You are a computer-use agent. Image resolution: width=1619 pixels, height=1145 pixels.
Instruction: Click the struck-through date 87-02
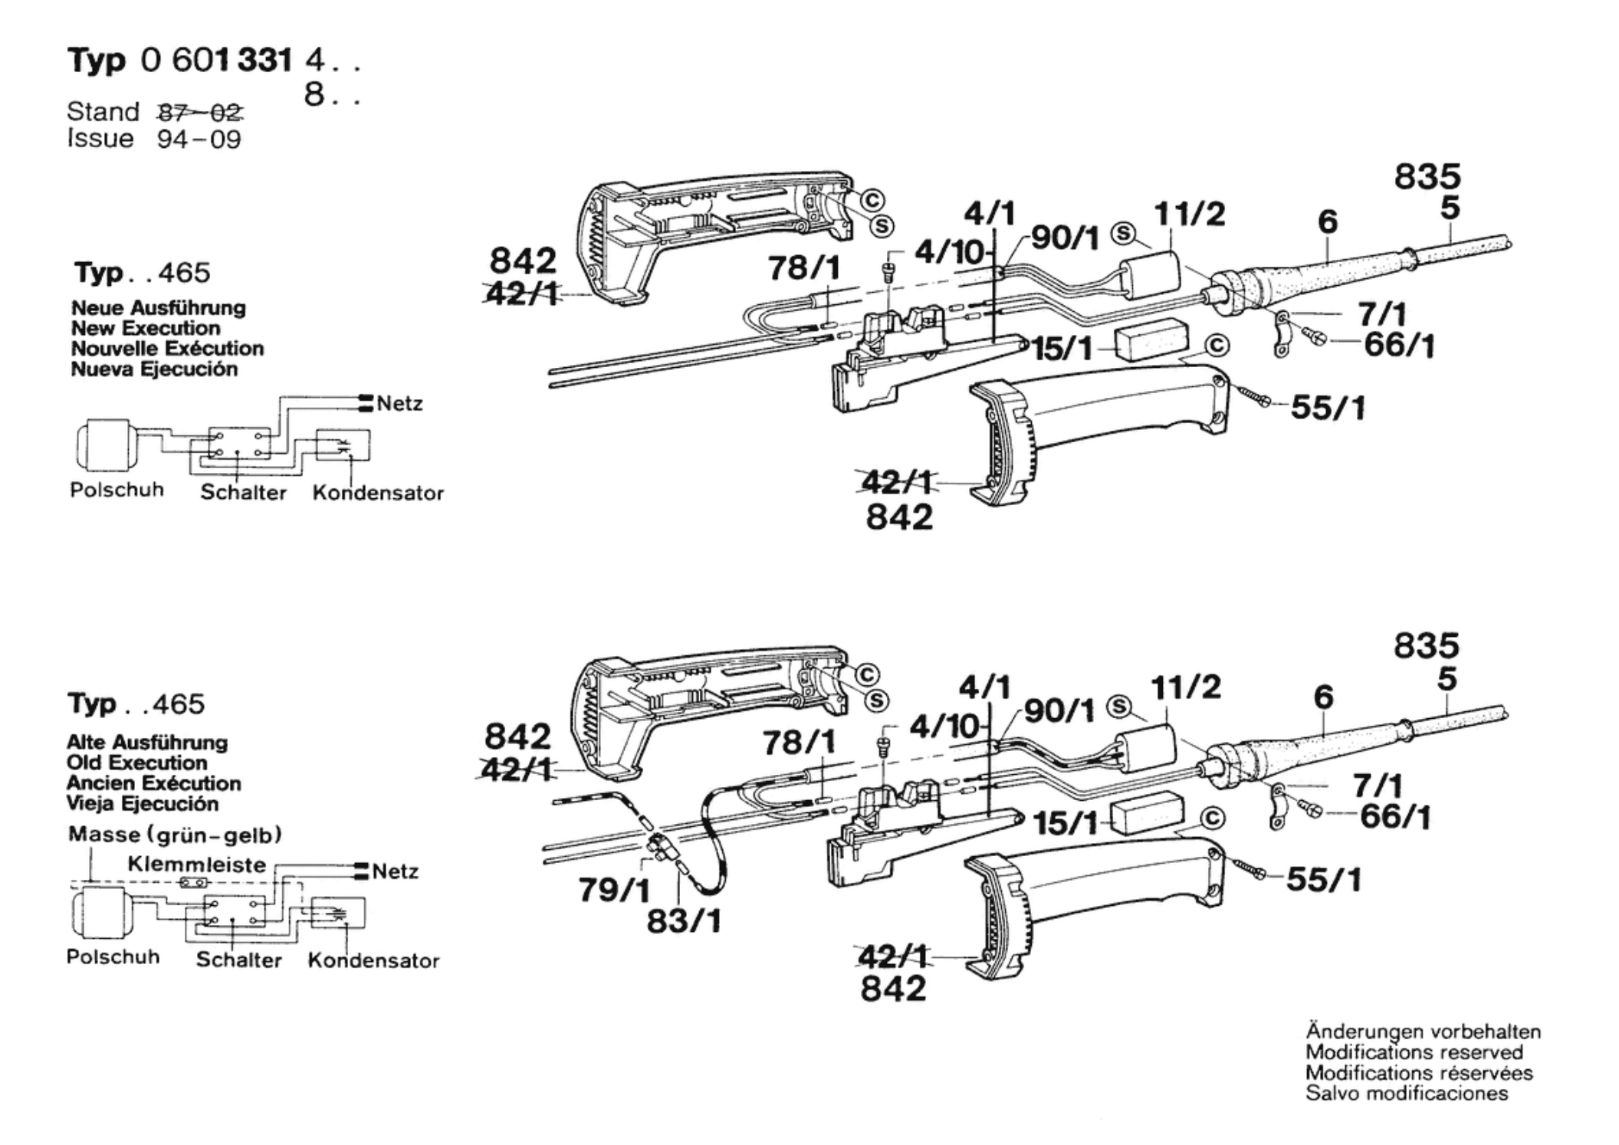pos(200,113)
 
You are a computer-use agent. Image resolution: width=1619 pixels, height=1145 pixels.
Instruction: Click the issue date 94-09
pos(199,139)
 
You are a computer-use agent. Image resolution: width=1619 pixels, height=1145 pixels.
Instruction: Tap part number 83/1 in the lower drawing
pos(684,921)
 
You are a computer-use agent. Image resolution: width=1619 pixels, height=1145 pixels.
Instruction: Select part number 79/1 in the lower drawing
pos(614,891)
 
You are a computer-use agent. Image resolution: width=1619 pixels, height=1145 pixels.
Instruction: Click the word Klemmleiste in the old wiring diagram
pos(197,864)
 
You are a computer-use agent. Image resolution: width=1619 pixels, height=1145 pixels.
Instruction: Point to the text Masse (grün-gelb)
pos(175,835)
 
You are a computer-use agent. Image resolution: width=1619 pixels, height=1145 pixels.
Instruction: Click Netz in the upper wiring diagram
pos(399,403)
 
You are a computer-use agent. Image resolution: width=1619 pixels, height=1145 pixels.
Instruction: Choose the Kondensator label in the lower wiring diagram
pos(373,960)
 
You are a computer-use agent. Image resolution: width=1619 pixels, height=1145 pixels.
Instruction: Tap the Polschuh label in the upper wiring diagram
pos(117,490)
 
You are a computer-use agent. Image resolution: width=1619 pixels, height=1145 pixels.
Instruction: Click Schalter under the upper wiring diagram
pos(243,492)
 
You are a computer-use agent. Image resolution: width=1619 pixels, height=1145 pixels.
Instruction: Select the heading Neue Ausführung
pos(159,308)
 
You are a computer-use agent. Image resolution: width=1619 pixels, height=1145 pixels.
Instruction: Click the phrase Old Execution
pos(136,763)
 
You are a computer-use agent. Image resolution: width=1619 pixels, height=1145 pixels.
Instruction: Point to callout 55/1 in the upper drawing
pos(1328,408)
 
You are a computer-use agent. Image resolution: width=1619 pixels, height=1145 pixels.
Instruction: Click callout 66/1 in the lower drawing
pos(1395,818)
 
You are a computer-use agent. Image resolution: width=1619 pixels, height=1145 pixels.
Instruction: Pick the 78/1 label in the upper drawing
pos(804,268)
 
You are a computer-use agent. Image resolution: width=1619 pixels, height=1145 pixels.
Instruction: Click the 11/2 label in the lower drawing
pos(1185,687)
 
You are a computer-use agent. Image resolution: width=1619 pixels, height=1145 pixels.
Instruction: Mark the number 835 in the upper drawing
pos(1427,177)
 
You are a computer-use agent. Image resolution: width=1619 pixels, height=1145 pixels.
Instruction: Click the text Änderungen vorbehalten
pos(1423,1032)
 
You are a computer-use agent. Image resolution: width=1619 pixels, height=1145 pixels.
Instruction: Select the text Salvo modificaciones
pos(1407,1093)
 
